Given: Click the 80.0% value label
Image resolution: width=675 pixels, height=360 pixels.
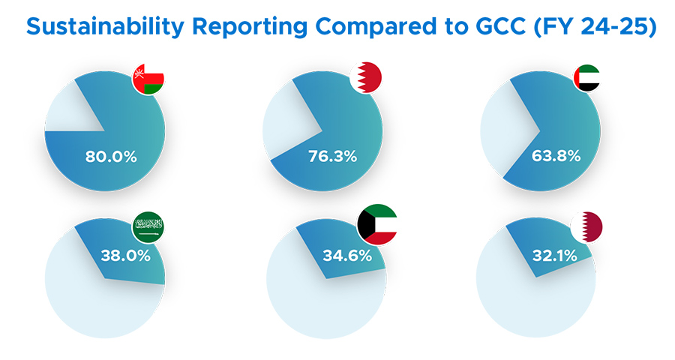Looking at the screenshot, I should [110, 157].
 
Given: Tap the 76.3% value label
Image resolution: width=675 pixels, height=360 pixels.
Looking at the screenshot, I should [332, 157].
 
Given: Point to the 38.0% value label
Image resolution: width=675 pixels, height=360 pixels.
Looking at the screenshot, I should [125, 255].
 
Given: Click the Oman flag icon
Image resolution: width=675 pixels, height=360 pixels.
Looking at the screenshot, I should [148, 78].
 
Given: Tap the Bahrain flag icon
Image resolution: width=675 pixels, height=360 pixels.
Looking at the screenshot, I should [367, 77].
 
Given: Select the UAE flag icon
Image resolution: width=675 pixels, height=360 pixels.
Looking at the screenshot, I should [586, 77].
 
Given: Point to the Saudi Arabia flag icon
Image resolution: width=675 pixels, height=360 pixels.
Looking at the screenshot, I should [148, 226].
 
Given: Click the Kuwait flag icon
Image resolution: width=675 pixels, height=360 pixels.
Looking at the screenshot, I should [377, 224].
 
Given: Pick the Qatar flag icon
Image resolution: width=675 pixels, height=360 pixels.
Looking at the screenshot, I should [586, 226].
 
